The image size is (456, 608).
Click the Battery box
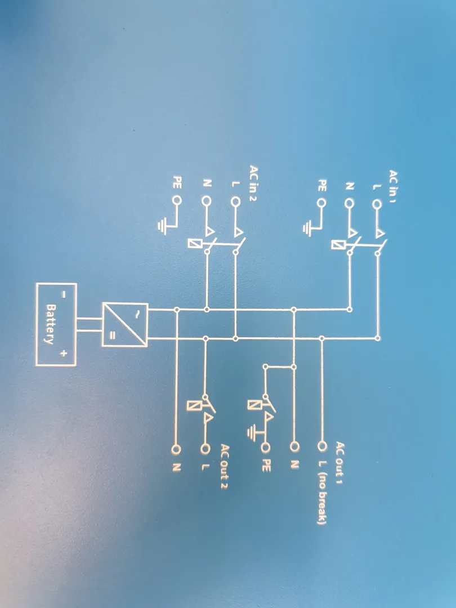pos(56,324)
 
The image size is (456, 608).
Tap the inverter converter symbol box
pos(125,325)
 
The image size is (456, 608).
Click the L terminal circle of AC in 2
pos(235,201)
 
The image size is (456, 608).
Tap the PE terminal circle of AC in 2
pos(177,200)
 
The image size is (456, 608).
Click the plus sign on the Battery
pos(63,354)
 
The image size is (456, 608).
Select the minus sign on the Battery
pos(64,294)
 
